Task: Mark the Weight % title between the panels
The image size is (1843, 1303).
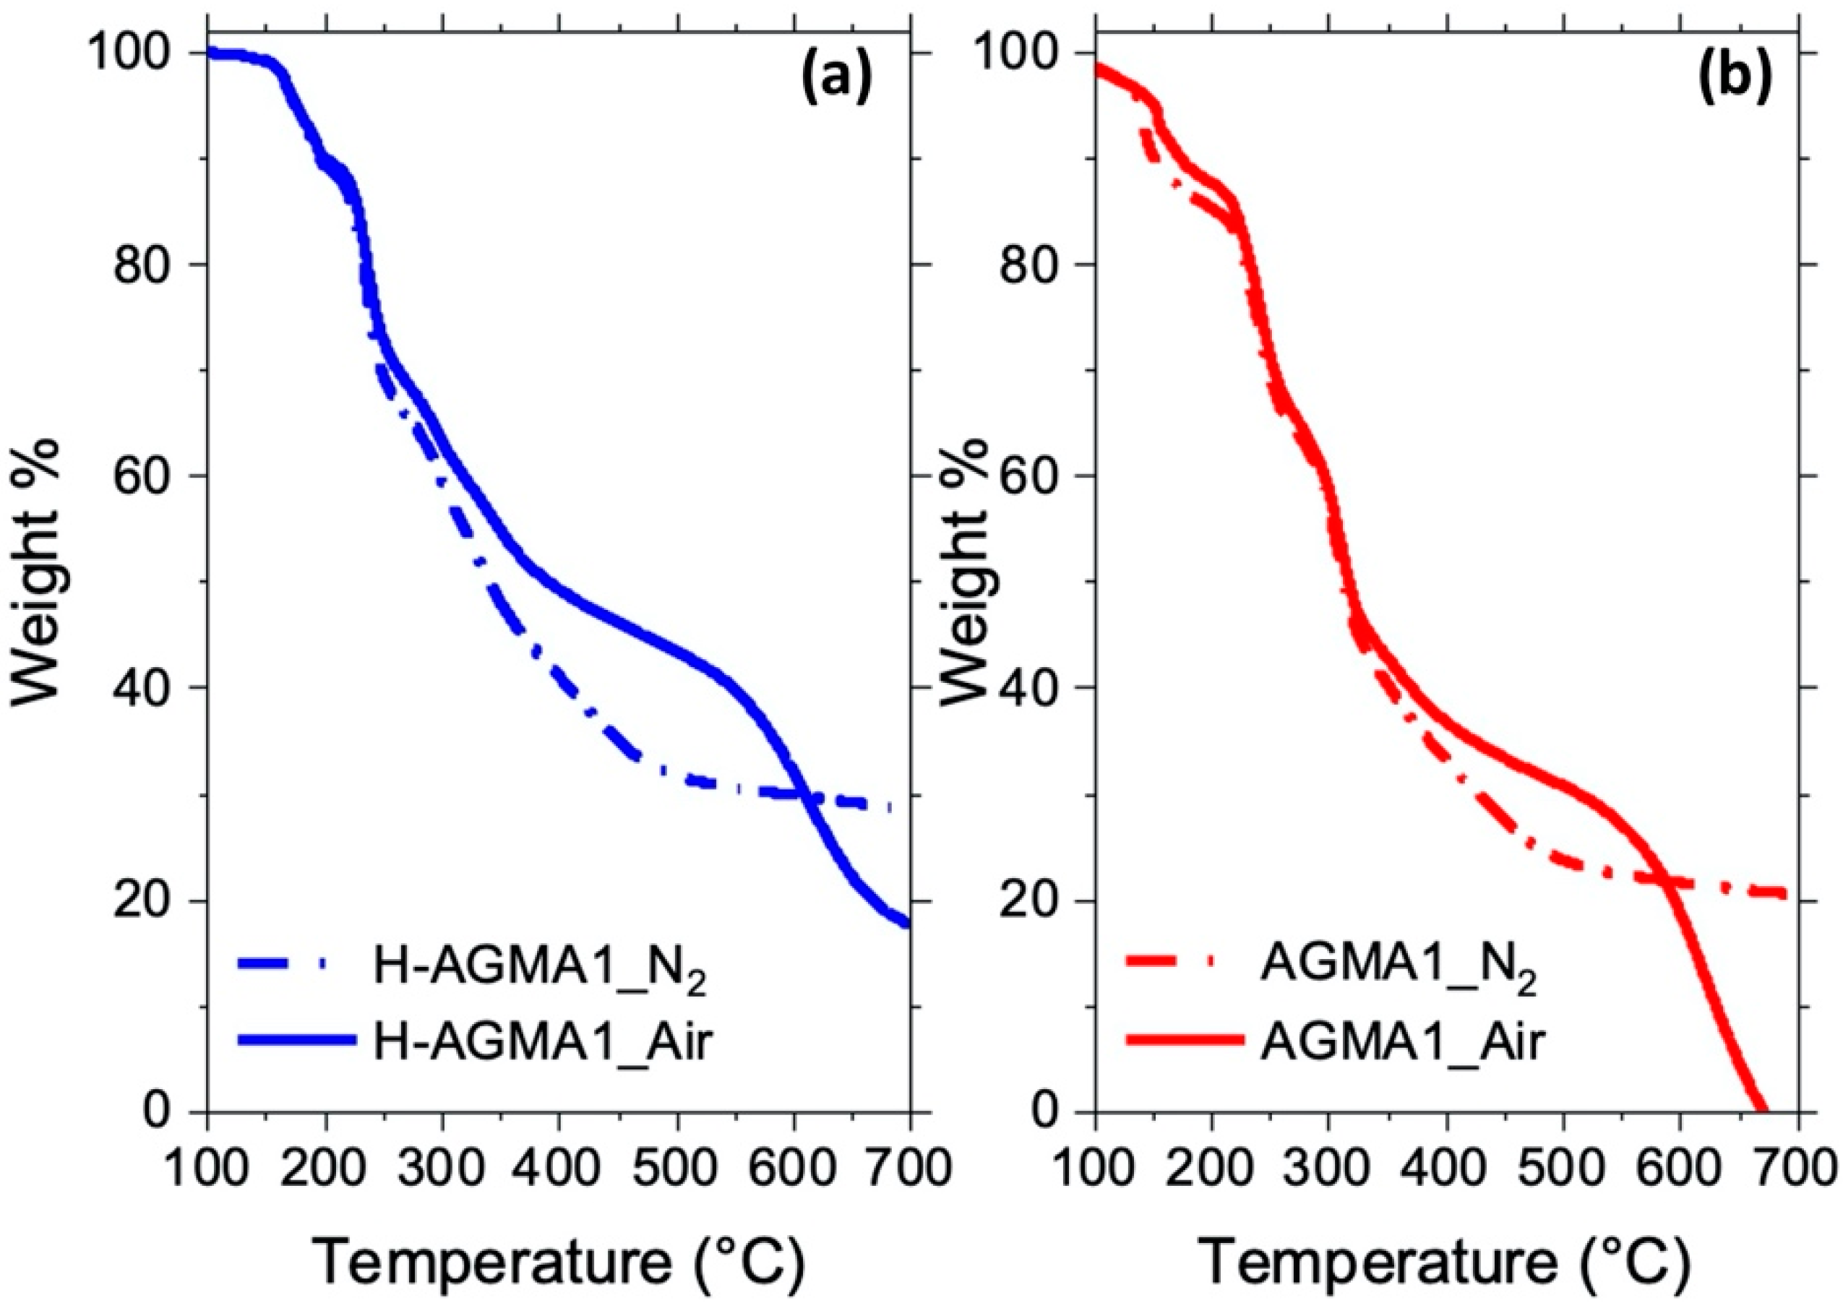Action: tap(960, 575)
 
